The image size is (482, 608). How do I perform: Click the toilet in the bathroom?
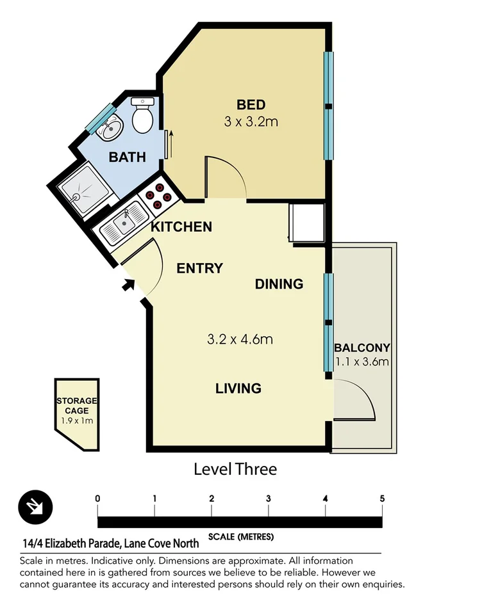(x=142, y=116)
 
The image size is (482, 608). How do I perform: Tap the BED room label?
(x=251, y=105)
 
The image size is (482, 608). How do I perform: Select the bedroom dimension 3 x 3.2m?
(x=251, y=122)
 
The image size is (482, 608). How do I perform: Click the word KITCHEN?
(x=181, y=227)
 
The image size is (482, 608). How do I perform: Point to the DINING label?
(x=279, y=284)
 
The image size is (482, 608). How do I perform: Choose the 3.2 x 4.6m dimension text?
(x=240, y=339)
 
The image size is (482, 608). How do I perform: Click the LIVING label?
(x=238, y=388)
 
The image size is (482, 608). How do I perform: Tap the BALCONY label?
(x=362, y=348)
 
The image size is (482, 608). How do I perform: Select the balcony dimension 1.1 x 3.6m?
(x=362, y=362)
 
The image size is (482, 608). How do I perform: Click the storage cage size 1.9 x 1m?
(x=76, y=422)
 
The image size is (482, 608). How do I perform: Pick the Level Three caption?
(x=235, y=469)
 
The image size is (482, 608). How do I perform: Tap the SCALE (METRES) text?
(x=240, y=536)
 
